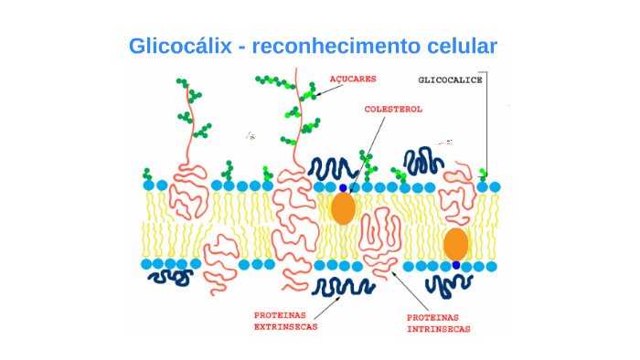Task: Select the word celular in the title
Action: point(462,46)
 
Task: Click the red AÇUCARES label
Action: point(353,79)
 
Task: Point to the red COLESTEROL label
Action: point(393,109)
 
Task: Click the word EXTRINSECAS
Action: point(287,326)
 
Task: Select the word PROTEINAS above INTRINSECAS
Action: point(435,319)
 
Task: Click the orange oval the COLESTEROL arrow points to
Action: point(343,208)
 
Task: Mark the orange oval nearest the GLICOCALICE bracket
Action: point(455,245)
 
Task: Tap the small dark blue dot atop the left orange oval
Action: point(343,188)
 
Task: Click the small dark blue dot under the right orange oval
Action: point(455,265)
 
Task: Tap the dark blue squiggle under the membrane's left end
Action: point(167,275)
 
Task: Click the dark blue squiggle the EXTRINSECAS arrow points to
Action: point(343,287)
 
